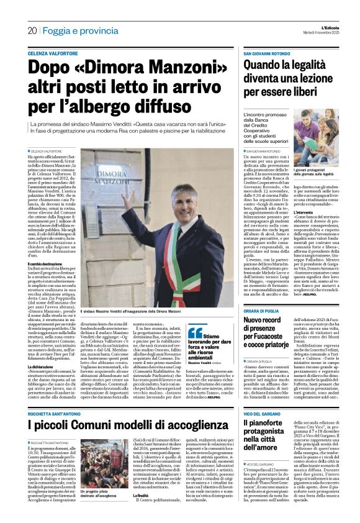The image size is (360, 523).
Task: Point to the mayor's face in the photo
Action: point(161,216)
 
